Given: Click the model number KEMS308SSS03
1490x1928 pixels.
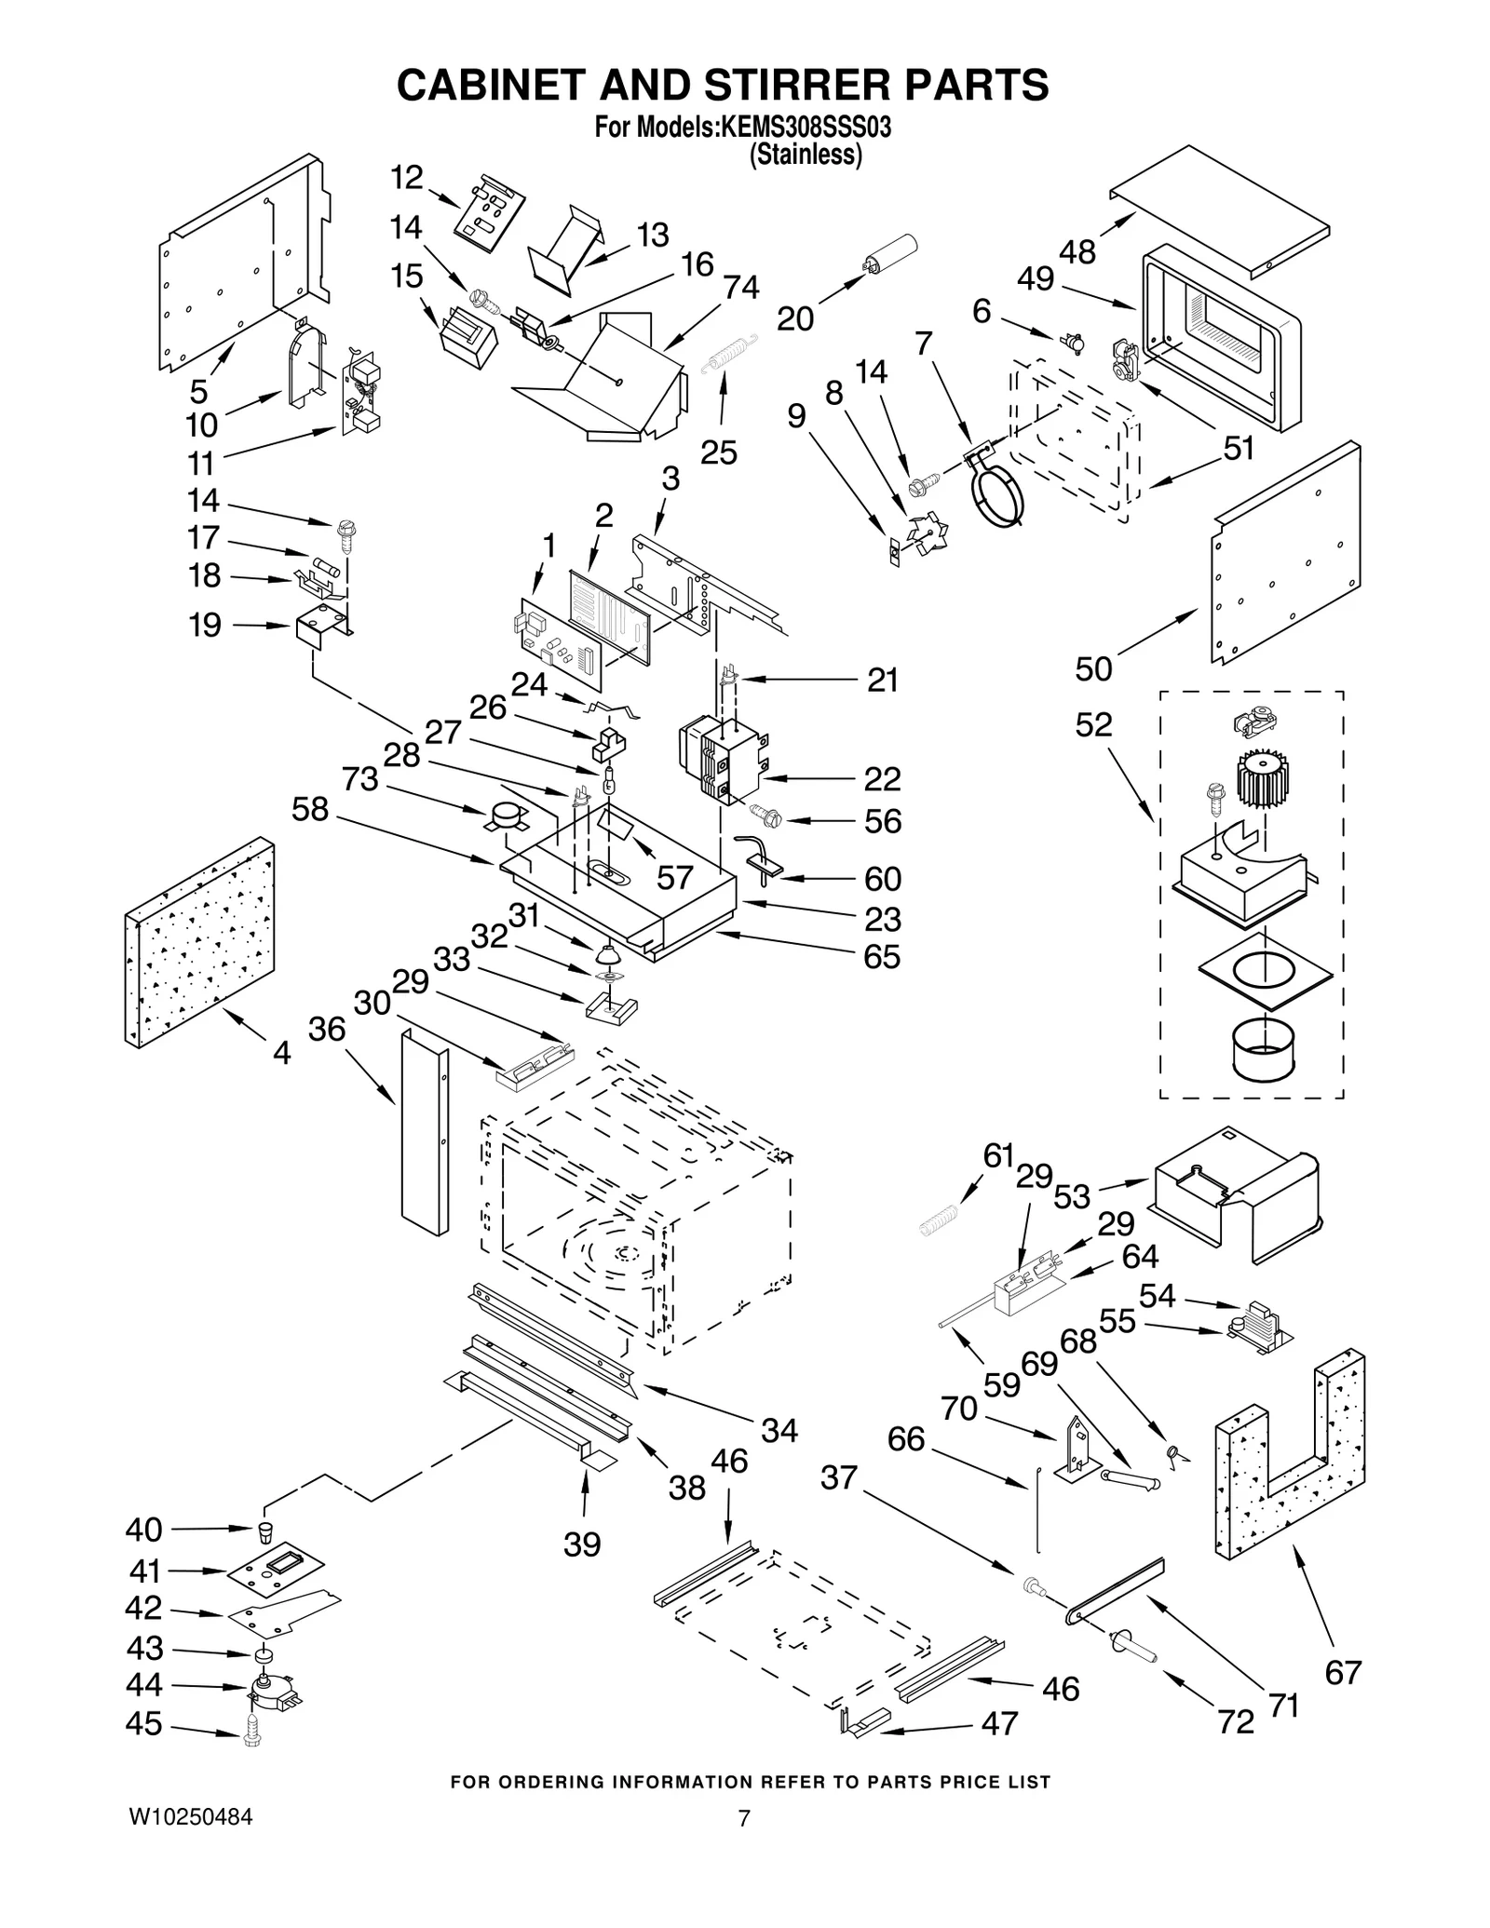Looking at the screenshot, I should point(803,127).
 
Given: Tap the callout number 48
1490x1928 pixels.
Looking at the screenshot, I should point(1077,251).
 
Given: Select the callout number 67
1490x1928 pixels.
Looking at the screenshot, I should point(1343,1672).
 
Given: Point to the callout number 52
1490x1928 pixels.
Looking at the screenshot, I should point(1093,724).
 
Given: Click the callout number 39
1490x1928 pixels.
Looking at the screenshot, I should point(582,1544).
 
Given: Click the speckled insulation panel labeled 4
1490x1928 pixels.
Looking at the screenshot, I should point(199,940).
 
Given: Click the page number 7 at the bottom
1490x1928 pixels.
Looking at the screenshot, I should point(743,1818).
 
